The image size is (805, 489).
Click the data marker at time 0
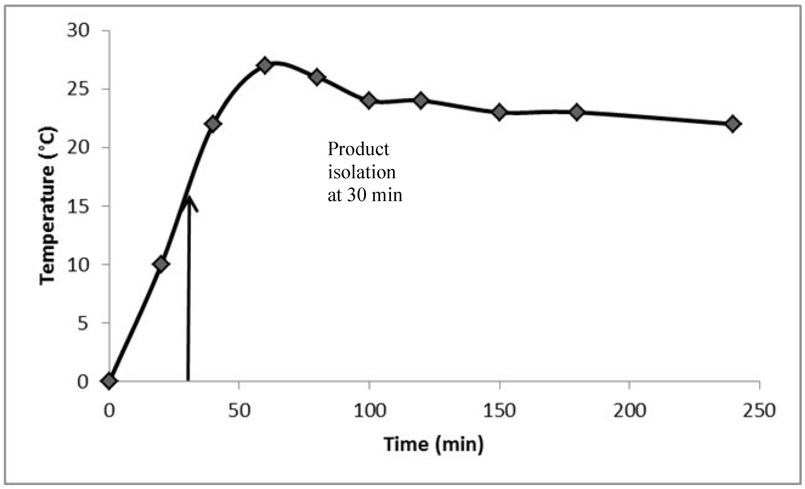tap(109, 381)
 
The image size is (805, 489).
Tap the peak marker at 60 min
tap(264, 66)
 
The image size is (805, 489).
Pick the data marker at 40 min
tap(213, 124)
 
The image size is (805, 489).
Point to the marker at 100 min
tap(369, 101)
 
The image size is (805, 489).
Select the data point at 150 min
tap(499, 112)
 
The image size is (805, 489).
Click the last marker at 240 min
tap(733, 124)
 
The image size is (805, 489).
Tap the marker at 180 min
tap(577, 112)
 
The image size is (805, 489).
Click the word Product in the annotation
tap(358, 149)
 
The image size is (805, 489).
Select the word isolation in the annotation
tap(362, 172)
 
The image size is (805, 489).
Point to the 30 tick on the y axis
tap(78, 31)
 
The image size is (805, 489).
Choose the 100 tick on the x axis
tap(369, 410)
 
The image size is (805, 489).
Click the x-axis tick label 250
tap(759, 410)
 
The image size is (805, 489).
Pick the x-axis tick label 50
tap(239, 410)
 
